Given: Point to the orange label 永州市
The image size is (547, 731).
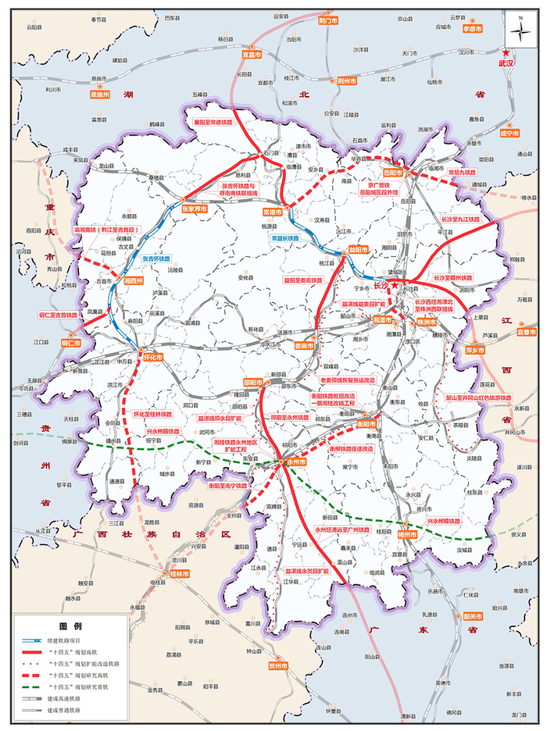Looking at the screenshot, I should (x=295, y=462).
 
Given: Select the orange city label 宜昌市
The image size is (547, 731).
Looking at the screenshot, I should (x=251, y=55).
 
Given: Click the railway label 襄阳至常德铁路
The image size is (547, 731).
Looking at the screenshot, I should (x=213, y=122).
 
